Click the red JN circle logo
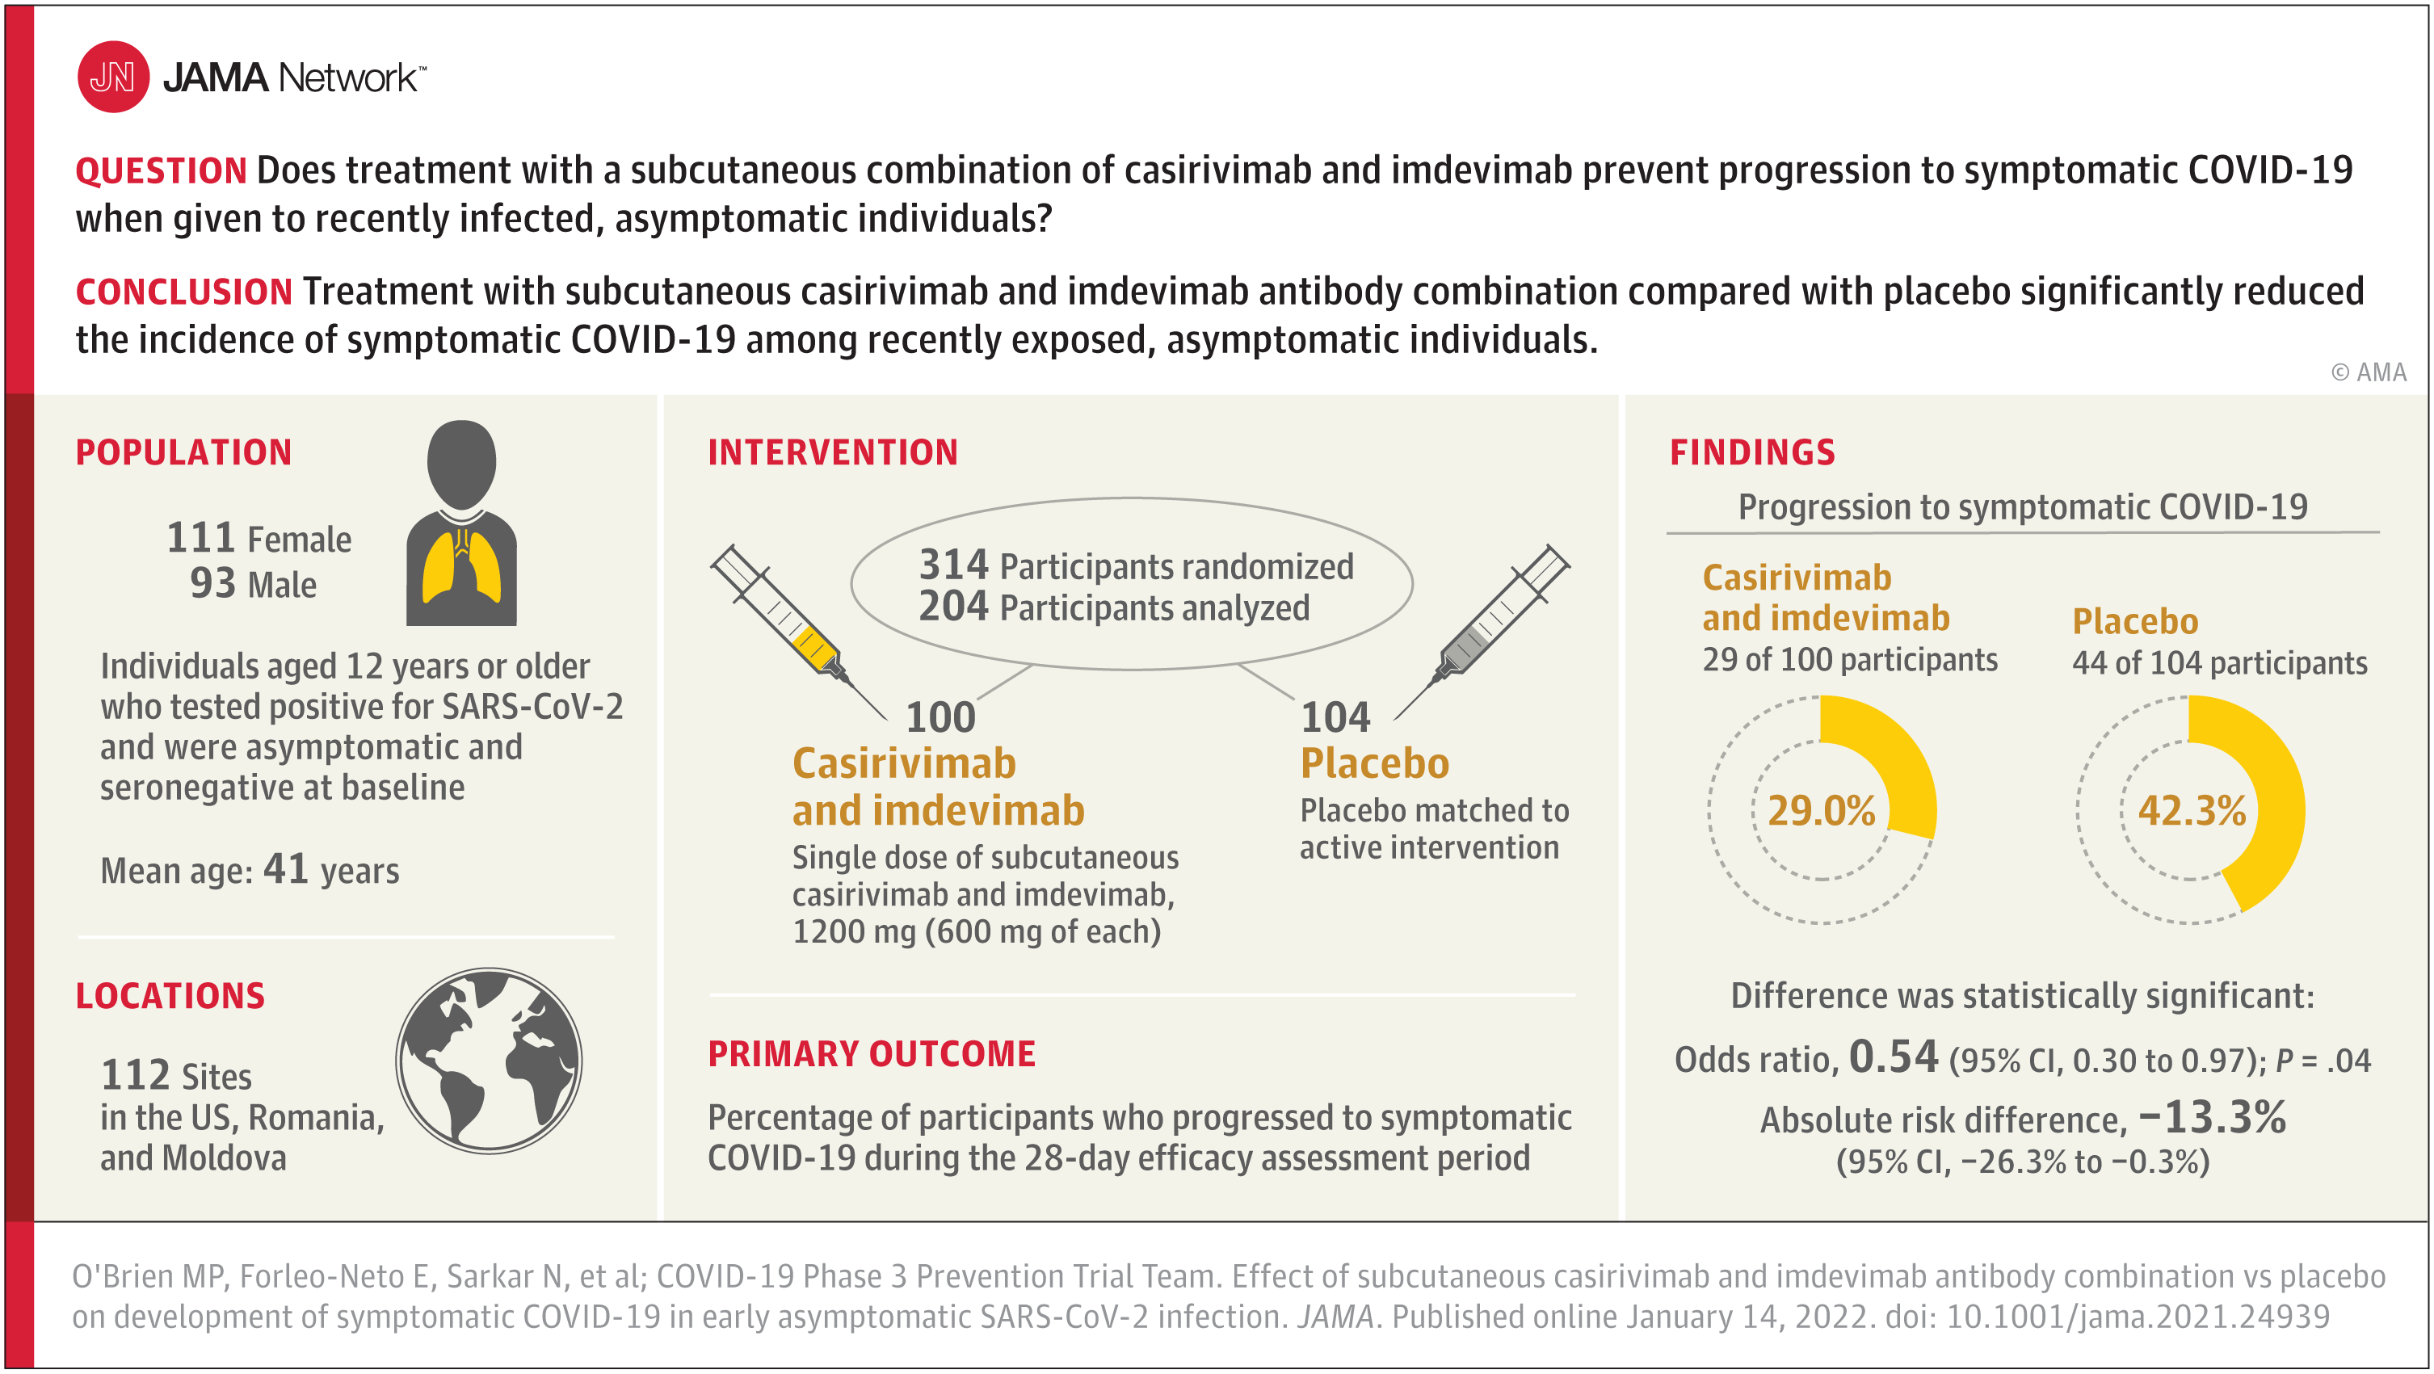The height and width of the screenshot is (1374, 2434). (x=113, y=77)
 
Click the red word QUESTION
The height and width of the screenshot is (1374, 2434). (x=162, y=171)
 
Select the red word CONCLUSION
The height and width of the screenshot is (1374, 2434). (x=184, y=292)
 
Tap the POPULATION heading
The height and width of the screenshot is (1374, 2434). (x=183, y=452)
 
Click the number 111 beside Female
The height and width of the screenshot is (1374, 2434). (x=200, y=538)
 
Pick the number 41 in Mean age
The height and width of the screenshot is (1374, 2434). (x=286, y=868)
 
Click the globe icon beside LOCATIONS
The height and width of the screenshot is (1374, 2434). (x=489, y=1061)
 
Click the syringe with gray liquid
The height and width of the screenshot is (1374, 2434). (x=1482, y=631)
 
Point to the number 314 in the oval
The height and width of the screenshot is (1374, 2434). (x=953, y=565)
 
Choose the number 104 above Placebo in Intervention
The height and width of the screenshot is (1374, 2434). (x=1335, y=717)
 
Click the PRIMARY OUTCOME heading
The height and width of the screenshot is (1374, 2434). (x=871, y=1053)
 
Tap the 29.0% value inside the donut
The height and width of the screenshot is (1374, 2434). (x=1821, y=811)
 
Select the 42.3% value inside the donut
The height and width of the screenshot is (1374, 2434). (x=2191, y=811)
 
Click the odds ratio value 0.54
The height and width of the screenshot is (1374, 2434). (x=1894, y=1057)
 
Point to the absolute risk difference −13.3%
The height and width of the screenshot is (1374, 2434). (x=2212, y=1117)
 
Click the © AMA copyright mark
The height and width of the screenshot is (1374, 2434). (x=2369, y=372)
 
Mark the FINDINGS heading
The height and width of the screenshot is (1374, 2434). (x=1752, y=452)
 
